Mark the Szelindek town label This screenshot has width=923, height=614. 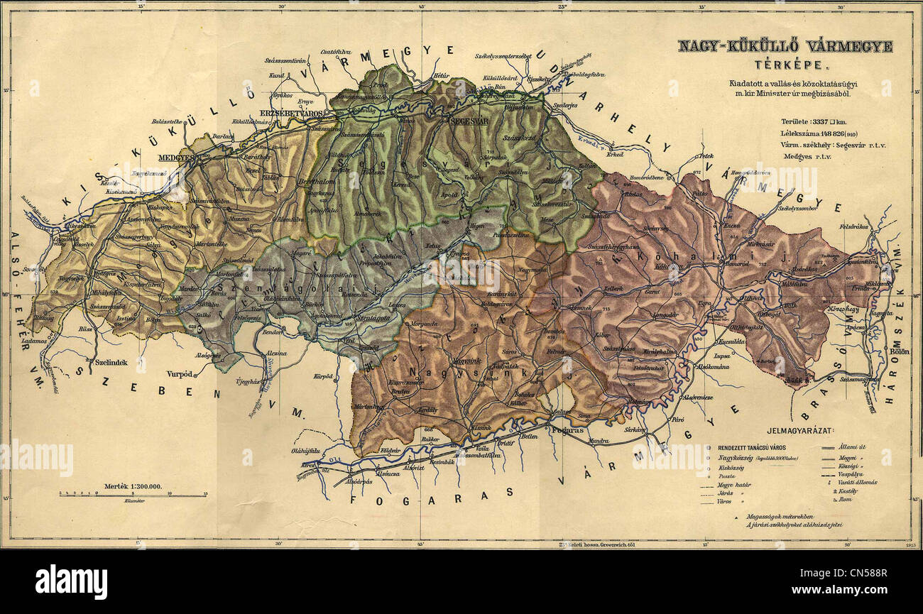point(110,362)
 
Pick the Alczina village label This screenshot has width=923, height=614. point(275,353)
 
